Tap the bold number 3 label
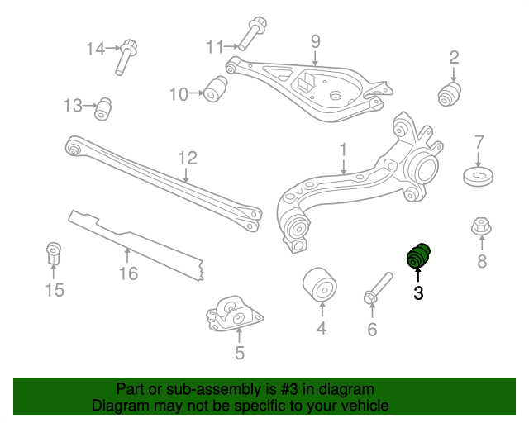point(418,292)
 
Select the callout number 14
point(97,49)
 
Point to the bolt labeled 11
point(252,32)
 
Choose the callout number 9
point(315,40)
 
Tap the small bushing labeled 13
point(103,108)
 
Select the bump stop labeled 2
point(449,93)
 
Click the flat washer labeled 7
point(478,177)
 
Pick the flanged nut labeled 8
point(480,226)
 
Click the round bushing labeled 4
point(320,285)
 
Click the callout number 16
point(127,273)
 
